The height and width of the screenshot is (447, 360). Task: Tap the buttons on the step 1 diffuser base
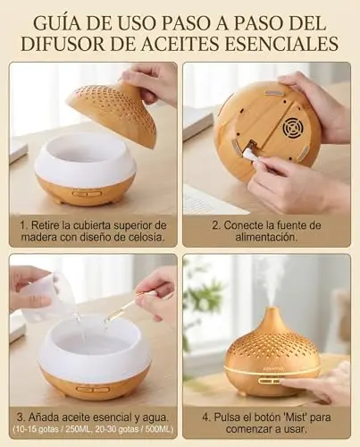coord(88,193)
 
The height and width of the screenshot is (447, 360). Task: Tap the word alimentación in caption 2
coord(266,238)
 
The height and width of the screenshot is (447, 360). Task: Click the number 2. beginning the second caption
coord(216,225)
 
